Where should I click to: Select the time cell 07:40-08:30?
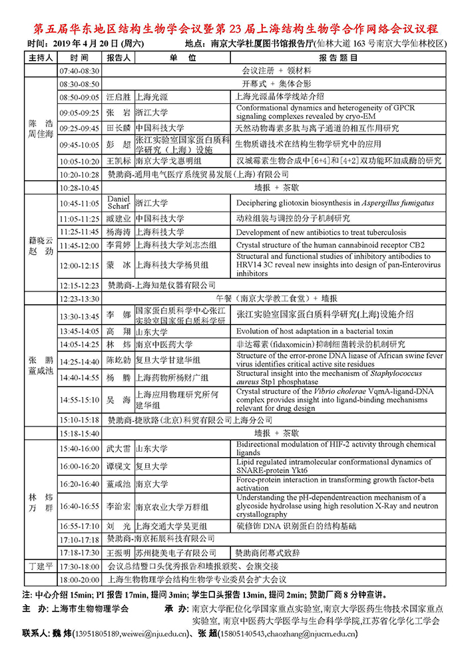pyautogui.click(x=79, y=71)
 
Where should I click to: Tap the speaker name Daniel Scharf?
pyautogui.click(x=118, y=203)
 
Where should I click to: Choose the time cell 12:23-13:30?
pyautogui.click(x=79, y=299)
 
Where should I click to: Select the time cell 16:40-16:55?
pyautogui.click(x=79, y=506)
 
